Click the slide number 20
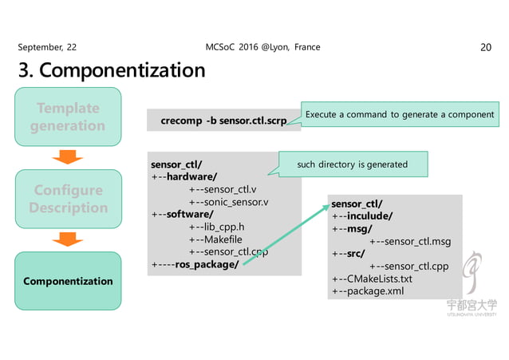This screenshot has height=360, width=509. point(485,48)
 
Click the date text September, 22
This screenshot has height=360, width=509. point(48,48)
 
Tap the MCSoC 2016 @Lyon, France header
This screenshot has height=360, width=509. point(262,47)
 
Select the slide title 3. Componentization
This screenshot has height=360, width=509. point(112,71)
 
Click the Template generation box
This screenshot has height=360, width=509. point(68,117)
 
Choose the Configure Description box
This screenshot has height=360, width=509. point(68,199)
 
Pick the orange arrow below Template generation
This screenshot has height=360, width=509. point(69,156)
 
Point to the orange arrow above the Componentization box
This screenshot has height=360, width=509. point(69,239)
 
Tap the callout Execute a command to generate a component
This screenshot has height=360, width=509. point(400,115)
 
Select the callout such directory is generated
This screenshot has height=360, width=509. point(352,164)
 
